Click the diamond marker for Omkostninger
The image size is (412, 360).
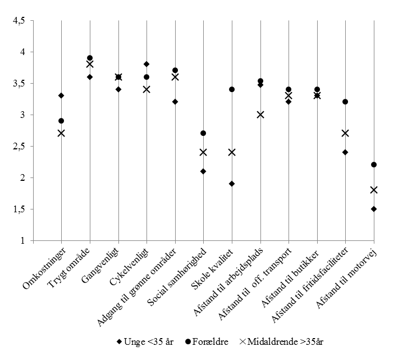[61, 95]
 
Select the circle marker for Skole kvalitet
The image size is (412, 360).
[232, 89]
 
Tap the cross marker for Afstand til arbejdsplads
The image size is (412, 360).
[260, 115]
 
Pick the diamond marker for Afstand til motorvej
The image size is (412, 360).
[374, 209]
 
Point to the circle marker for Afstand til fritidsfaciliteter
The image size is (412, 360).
[345, 102]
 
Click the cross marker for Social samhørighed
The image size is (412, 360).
[203, 152]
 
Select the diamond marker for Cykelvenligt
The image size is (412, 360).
[147, 64]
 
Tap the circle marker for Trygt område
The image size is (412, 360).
[90, 58]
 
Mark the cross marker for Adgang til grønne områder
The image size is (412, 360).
[175, 77]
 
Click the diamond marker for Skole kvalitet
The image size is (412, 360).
[232, 184]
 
